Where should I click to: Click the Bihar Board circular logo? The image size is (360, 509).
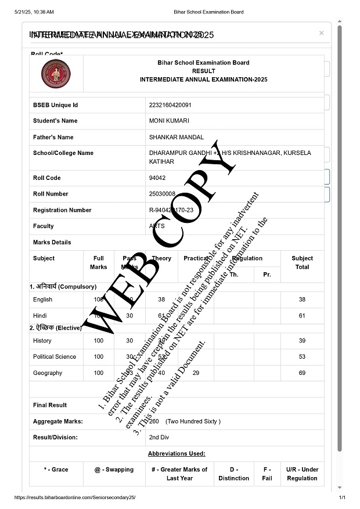56,74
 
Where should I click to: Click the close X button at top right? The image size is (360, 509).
321,34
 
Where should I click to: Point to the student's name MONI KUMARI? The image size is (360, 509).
169,121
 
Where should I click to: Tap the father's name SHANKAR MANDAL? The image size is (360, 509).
177,138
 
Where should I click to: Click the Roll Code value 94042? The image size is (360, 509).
157,178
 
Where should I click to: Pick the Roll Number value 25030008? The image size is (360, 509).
162,194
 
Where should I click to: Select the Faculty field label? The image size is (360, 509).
44,226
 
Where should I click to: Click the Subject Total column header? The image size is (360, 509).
302,263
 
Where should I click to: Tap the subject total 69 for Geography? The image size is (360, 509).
302,373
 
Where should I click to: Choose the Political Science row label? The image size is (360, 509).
55,357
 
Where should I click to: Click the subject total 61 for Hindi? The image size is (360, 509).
302,316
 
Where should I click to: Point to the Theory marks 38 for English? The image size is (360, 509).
161,299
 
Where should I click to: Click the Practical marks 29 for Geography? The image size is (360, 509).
196,373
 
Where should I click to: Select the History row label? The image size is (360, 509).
42,341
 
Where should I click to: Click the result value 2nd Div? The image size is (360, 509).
159,437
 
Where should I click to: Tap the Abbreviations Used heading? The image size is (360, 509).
177,453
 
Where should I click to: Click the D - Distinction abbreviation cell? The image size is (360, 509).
233,474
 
